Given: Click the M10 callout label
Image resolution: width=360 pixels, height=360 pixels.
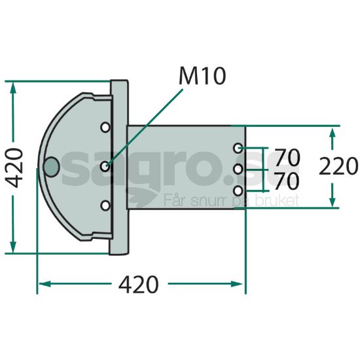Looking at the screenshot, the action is click(202, 76).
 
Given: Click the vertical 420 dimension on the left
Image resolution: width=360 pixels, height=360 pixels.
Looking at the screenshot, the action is click(14, 168).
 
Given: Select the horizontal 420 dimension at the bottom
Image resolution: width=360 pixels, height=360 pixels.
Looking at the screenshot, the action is click(139, 284).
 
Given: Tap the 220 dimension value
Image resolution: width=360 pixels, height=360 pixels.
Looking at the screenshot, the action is click(338, 166).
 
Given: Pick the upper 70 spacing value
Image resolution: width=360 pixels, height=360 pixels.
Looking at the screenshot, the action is click(287, 157).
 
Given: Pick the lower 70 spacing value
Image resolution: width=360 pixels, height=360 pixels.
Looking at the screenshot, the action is click(287, 181).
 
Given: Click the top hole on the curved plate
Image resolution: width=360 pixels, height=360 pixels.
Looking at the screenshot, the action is click(105, 127).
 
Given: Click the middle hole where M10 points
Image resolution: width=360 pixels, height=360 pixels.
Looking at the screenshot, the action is click(105, 166).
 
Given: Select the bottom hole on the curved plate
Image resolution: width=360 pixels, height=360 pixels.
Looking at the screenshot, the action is click(105, 206).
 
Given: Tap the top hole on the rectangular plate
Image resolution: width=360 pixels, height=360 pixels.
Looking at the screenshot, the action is click(238, 148).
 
